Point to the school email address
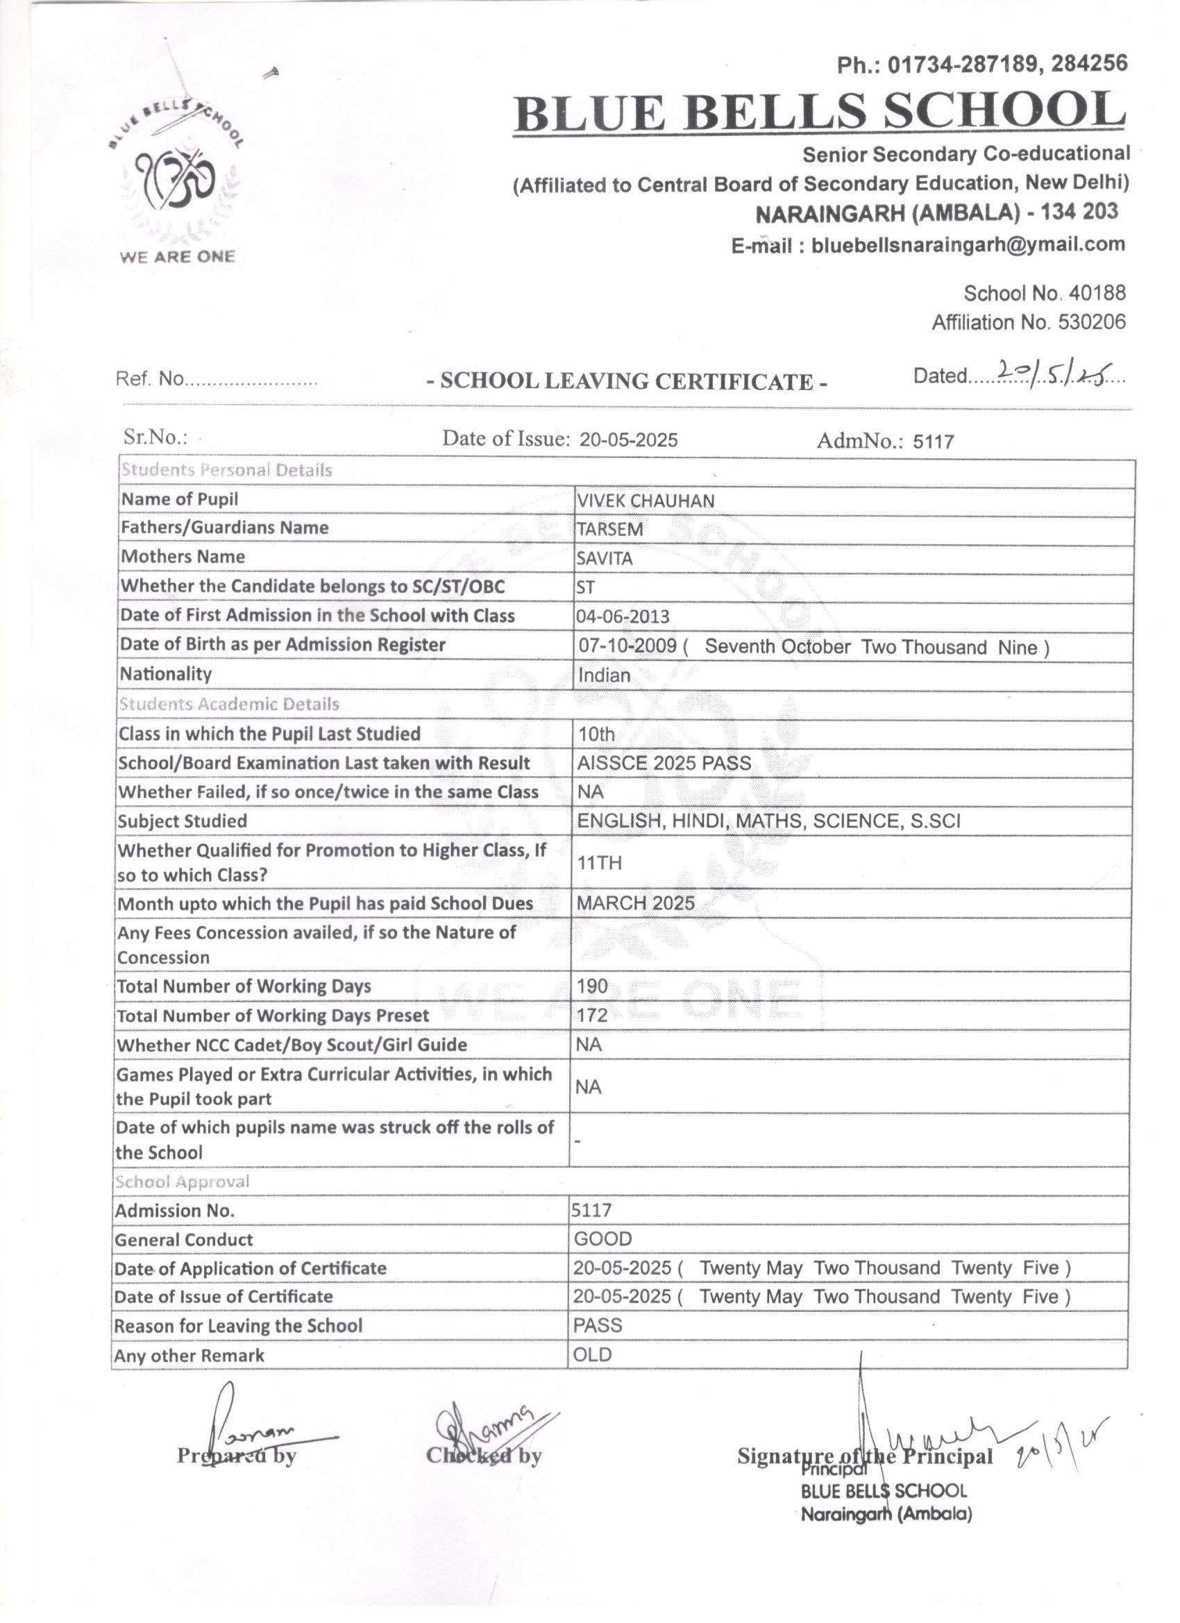pos(968,245)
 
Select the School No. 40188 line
pos(1044,293)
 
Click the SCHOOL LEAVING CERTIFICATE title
pos(627,380)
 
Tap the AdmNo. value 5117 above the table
pos(933,442)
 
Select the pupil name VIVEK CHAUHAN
pos(645,501)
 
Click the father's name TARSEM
pos(609,530)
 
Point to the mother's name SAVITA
pos(605,558)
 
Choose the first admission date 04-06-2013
pos(623,616)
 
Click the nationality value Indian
pos(604,675)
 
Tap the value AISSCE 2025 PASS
pos(664,763)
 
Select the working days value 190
pos(592,986)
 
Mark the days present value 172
pos(592,1016)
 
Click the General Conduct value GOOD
pos(602,1238)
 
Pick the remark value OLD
pos(593,1354)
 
